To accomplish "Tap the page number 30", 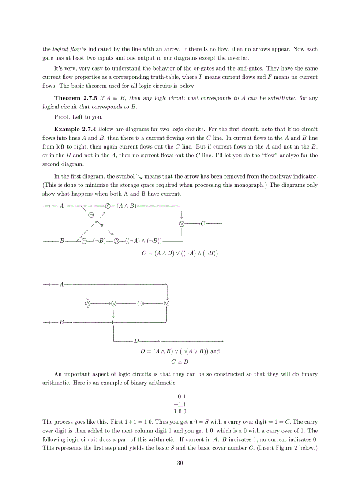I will click(x=180, y=462).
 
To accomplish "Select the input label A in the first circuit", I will click(x=62, y=206).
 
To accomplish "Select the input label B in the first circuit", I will click(x=62, y=241).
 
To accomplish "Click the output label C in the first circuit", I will click(x=203, y=224).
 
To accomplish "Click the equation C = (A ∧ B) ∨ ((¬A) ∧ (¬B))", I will click(x=180, y=253).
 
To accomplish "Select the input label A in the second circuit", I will click(x=62, y=284).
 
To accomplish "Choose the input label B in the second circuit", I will click(x=62, y=323).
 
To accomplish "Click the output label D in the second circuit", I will click(x=136, y=341).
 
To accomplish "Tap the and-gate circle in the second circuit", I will click(x=88, y=303).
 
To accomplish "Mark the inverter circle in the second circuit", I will click(x=140, y=303).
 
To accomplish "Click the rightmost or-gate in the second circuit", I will click(x=166, y=303).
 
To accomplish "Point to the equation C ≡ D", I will click(x=180, y=362).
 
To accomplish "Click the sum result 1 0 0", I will click(x=180, y=411).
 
